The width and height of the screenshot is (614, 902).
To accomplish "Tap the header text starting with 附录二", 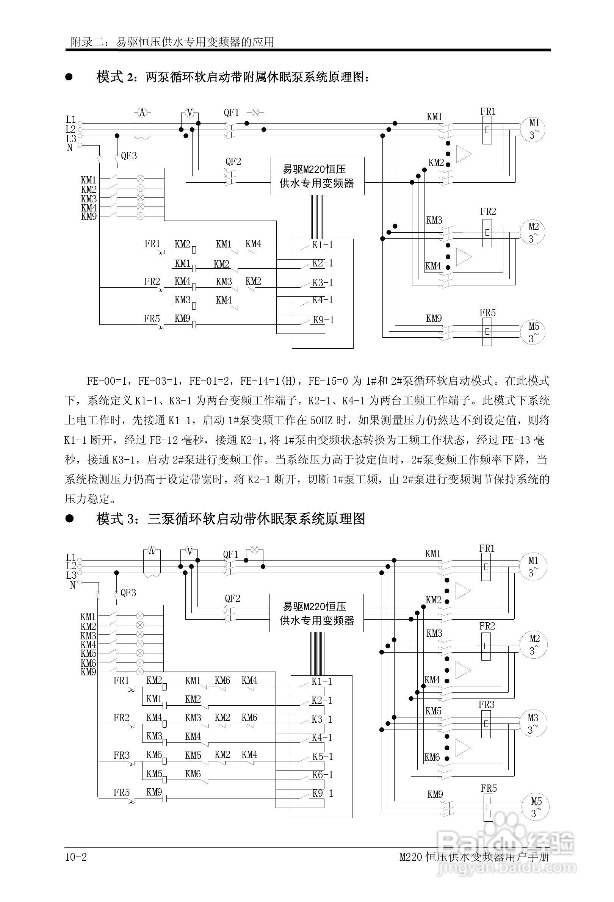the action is pos(172,42).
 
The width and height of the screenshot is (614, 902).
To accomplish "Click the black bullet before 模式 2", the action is pos(69,77).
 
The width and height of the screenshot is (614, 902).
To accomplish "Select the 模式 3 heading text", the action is pos(230,518).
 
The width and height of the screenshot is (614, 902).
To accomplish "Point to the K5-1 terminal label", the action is pos(323,756).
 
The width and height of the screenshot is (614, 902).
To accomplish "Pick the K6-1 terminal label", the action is pos(323,775).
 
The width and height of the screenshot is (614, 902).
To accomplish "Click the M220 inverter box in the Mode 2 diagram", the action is pos(317,176).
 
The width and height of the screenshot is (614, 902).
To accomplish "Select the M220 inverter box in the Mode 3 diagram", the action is pos(317,613).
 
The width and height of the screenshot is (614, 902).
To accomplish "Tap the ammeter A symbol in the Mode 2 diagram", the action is pos(142,113).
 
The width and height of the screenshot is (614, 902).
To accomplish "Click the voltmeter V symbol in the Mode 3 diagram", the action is pos(190,551).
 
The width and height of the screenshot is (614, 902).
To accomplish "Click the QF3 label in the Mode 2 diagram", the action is pos(129,156).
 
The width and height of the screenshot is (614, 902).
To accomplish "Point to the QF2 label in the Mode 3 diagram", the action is pos(232,599).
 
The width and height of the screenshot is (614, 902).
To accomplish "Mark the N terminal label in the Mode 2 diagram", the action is pos(70,147).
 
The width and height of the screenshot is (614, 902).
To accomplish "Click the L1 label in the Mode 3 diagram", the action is pos(71,557).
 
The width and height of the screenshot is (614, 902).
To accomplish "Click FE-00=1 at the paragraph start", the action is pos(106,381).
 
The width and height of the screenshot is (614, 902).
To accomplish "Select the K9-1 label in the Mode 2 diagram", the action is pos(323,320).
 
